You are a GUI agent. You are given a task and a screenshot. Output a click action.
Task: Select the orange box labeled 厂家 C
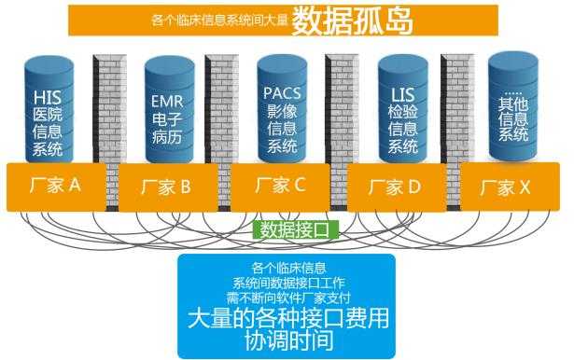coord(280,186)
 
